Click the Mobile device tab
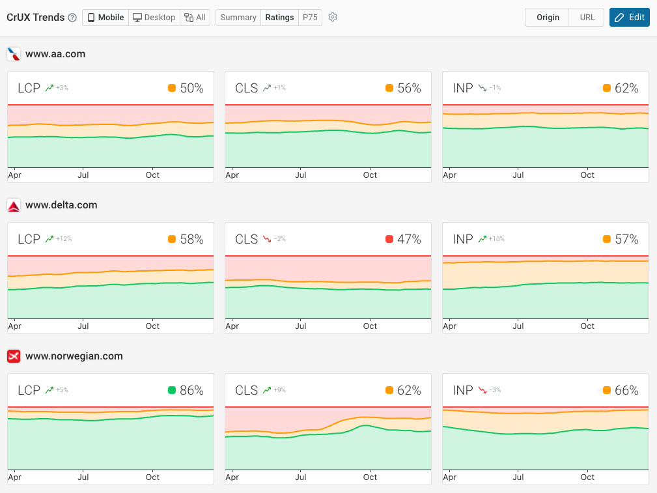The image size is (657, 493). [105, 18]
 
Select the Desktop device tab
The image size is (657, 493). [154, 18]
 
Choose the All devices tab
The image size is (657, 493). [195, 18]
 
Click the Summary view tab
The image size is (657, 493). [238, 18]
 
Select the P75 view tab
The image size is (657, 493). [310, 18]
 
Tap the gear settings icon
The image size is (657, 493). [333, 18]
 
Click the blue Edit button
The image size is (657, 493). [629, 18]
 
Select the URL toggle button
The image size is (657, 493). [587, 18]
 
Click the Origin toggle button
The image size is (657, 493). [547, 18]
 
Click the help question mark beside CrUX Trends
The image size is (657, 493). [72, 18]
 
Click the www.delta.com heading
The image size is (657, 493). [61, 205]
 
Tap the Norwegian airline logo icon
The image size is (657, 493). [14, 356]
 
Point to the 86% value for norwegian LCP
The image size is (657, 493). [191, 391]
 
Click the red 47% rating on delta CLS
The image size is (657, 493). [409, 240]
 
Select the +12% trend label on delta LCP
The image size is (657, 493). [63, 240]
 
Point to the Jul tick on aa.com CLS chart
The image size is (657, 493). [301, 175]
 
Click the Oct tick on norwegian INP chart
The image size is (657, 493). [587, 477]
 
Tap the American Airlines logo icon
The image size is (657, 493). [14, 54]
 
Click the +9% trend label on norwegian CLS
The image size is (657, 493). [279, 391]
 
